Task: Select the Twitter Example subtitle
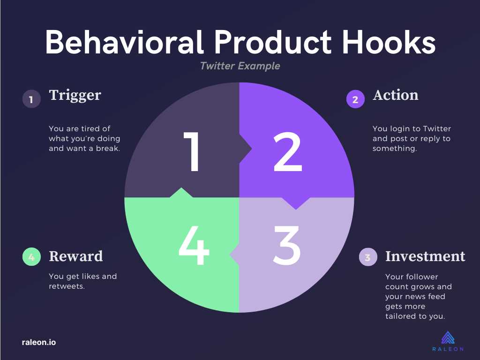coord(240,66)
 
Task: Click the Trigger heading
coord(75,95)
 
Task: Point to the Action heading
coord(396,95)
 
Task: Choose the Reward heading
coord(76,256)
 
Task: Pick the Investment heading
coord(425,256)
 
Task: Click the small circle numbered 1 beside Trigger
coord(31,99)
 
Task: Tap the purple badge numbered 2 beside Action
coord(355,99)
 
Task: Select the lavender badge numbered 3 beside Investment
coord(368,257)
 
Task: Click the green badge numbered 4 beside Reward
coord(31,256)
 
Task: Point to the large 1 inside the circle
coord(192,151)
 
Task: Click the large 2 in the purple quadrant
coord(287,152)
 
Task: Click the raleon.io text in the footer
coord(39,342)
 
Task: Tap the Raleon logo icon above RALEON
coord(448,337)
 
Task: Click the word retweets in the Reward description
coord(67,286)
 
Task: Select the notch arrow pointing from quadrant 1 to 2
coord(246,149)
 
